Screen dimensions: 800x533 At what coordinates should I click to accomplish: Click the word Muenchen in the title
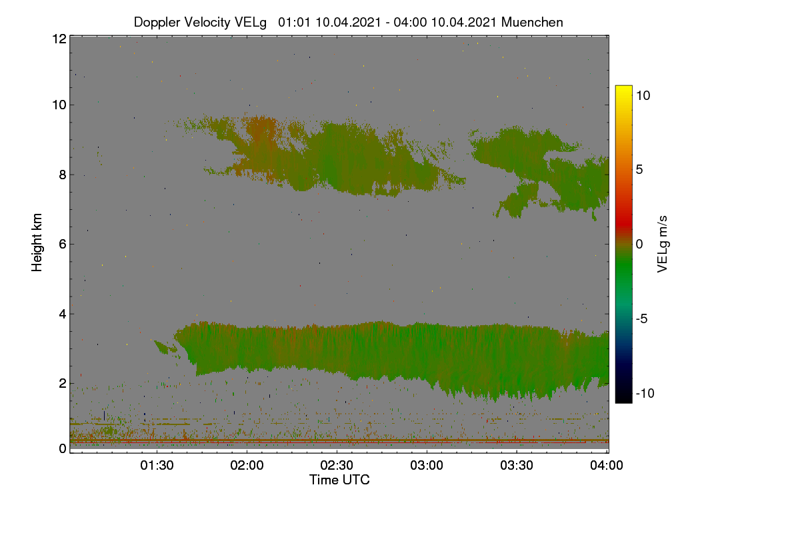[x=532, y=22]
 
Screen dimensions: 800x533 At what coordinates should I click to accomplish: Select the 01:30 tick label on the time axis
[x=157, y=465]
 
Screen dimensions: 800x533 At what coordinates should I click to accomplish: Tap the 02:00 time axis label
[x=247, y=465]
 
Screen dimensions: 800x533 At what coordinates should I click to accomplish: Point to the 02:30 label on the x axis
[x=337, y=465]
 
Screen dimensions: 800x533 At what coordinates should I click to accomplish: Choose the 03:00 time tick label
[x=427, y=465]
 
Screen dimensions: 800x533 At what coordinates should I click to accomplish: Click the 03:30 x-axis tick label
[x=517, y=465]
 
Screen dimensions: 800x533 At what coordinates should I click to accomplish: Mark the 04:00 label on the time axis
[x=607, y=465]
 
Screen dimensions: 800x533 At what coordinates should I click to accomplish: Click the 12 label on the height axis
[x=59, y=39]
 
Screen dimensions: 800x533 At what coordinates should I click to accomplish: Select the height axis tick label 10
[x=59, y=105]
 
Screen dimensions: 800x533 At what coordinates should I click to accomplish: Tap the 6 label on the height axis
[x=63, y=245]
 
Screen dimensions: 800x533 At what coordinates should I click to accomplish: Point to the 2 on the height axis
[x=63, y=383]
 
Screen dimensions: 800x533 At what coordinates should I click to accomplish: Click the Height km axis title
[x=37, y=243]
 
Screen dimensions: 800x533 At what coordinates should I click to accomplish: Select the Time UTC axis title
[x=339, y=480]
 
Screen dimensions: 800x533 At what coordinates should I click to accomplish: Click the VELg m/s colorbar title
[x=663, y=245]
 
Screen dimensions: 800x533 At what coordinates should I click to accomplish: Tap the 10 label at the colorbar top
[x=643, y=96]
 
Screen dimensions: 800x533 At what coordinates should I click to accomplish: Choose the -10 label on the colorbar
[x=645, y=393]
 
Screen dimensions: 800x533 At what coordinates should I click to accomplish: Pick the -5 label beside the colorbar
[x=642, y=318]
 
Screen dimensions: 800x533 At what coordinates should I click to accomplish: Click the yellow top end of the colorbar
[x=623, y=87]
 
